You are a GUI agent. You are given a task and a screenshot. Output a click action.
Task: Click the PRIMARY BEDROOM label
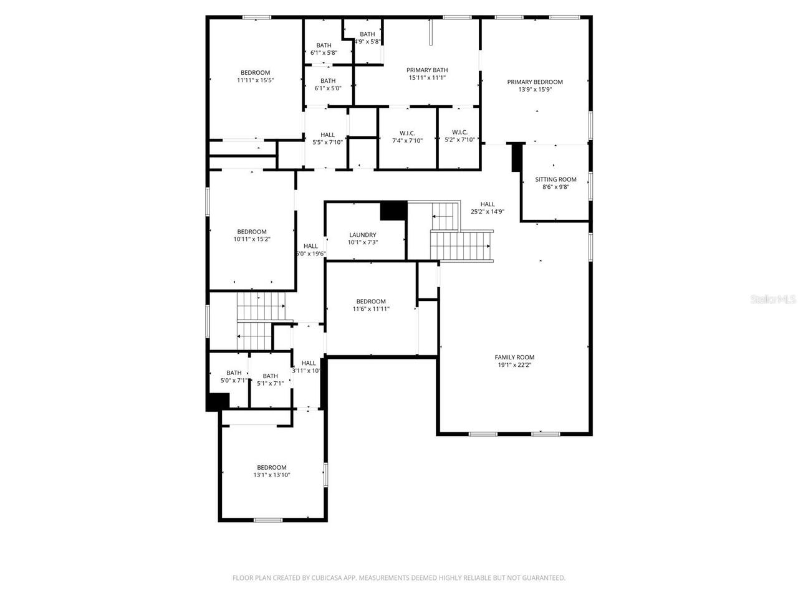(x=534, y=82)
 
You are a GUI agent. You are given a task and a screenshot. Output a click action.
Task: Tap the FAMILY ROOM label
(x=514, y=357)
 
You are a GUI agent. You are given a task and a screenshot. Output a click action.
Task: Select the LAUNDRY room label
(x=362, y=235)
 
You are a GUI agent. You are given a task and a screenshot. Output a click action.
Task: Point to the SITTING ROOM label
(x=555, y=179)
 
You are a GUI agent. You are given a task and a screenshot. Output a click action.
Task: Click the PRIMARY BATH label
(x=427, y=70)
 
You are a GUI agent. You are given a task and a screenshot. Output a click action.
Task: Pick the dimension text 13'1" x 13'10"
(x=271, y=475)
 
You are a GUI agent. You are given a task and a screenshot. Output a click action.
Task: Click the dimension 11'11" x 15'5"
(x=255, y=80)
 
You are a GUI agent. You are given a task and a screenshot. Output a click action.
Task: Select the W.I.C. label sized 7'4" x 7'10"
(x=407, y=132)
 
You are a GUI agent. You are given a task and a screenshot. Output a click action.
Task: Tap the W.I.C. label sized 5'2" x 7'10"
(x=459, y=132)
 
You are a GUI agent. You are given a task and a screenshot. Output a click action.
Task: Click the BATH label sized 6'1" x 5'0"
(x=328, y=80)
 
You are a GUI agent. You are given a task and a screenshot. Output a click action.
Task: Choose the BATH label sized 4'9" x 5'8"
(x=367, y=34)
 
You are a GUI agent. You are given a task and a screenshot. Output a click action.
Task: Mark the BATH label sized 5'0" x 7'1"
(x=234, y=373)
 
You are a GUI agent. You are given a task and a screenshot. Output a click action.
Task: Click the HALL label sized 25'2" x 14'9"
(x=487, y=204)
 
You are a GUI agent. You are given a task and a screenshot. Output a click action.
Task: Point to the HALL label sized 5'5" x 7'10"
(x=327, y=135)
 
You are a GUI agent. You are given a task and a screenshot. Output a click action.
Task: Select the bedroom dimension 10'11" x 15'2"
(x=252, y=239)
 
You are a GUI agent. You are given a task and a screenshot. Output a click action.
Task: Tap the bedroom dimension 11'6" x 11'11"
(x=371, y=308)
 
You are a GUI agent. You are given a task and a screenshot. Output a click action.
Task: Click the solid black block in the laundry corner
(x=393, y=211)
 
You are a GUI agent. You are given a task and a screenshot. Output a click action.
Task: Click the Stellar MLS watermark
(x=773, y=300)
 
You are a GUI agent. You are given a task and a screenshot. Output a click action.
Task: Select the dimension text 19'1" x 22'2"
(x=514, y=364)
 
